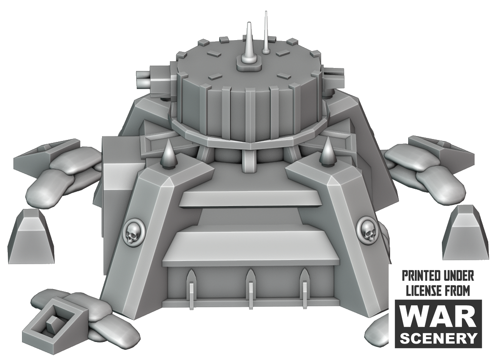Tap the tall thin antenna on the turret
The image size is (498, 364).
click(266, 32)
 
